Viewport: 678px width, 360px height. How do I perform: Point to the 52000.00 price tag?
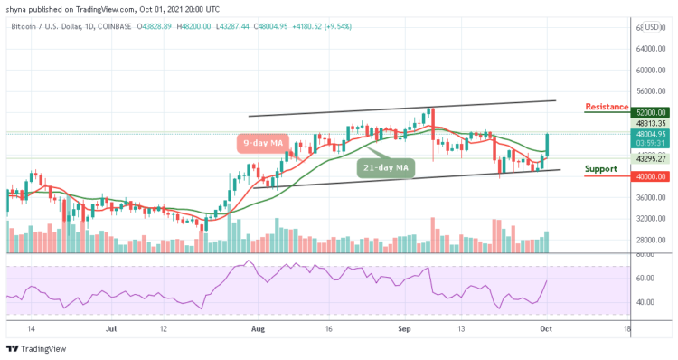click(606, 113)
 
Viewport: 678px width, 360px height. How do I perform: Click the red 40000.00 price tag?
click(606, 176)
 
